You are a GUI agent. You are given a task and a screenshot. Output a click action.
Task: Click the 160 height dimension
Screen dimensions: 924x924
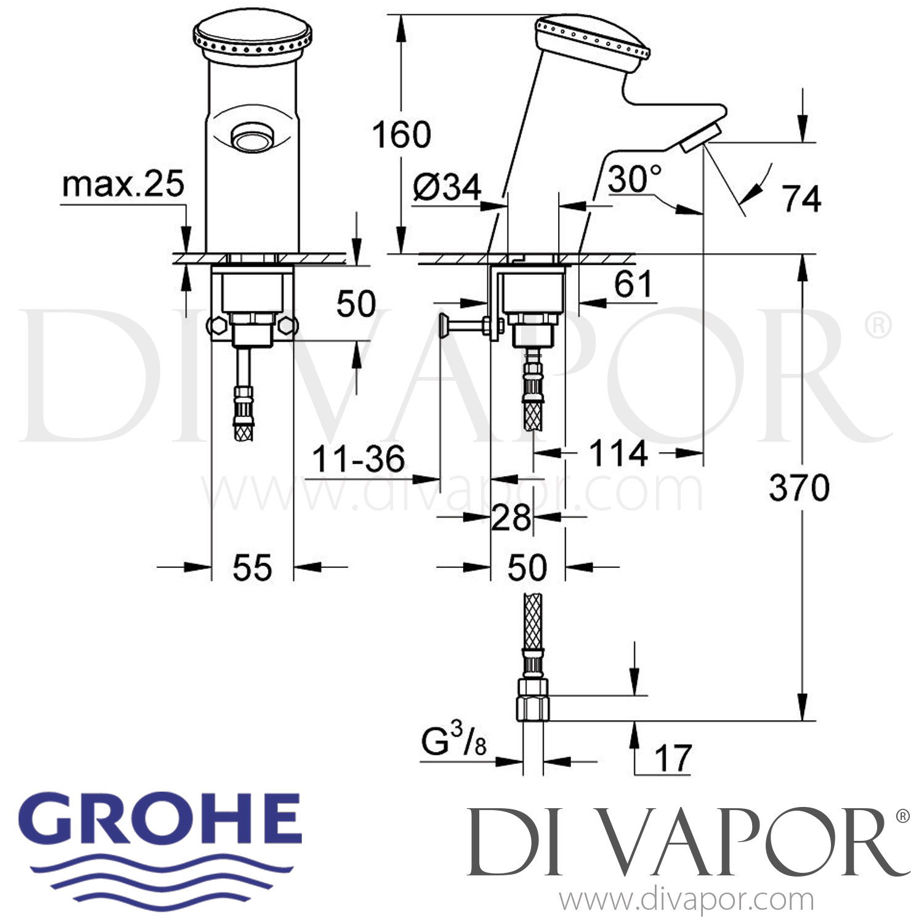click(402, 135)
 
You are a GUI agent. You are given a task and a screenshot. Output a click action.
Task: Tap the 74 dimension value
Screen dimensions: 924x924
click(801, 198)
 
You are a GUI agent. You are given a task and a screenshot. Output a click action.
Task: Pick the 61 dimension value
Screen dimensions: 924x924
click(633, 285)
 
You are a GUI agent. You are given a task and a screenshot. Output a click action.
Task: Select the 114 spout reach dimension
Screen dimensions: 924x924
click(618, 454)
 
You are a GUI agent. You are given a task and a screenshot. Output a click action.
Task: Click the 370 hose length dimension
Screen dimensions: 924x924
click(799, 488)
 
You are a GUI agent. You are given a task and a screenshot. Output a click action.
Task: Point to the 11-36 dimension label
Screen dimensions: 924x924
click(359, 460)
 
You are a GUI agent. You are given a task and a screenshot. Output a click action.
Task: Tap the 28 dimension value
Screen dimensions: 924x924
click(511, 517)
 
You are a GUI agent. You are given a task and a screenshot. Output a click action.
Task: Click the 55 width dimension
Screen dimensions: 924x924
click(253, 567)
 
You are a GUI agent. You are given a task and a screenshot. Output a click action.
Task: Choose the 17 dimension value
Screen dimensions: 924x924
click(673, 758)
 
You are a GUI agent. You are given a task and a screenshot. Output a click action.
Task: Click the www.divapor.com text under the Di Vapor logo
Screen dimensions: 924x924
click(687, 901)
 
